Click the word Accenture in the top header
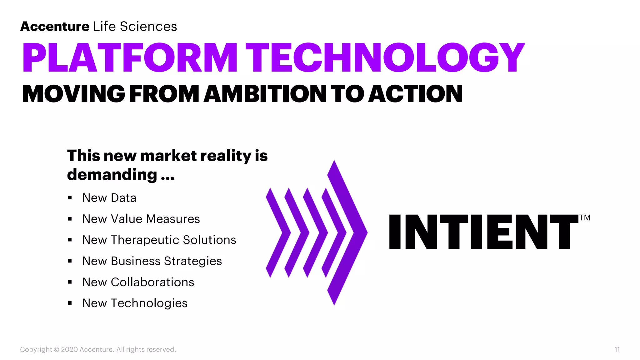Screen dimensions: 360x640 (x=55, y=27)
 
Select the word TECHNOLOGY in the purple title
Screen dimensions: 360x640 (x=385, y=58)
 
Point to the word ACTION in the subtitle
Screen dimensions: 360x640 (x=415, y=94)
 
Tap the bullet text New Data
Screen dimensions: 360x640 (x=109, y=198)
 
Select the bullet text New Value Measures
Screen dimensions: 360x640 (x=141, y=219)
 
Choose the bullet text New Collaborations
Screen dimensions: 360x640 (x=138, y=282)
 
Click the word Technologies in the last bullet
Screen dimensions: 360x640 (x=149, y=303)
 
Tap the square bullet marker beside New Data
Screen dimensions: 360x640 (x=70, y=198)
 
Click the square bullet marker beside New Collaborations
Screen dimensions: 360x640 (x=70, y=282)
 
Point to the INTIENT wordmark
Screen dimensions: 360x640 (x=483, y=232)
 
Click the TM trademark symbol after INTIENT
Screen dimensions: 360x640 (x=585, y=218)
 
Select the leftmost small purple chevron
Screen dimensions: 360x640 (x=277, y=232)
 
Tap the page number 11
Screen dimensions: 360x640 (x=617, y=349)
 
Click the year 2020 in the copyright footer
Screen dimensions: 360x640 (x=69, y=349)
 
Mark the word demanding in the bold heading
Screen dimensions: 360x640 (x=112, y=174)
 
